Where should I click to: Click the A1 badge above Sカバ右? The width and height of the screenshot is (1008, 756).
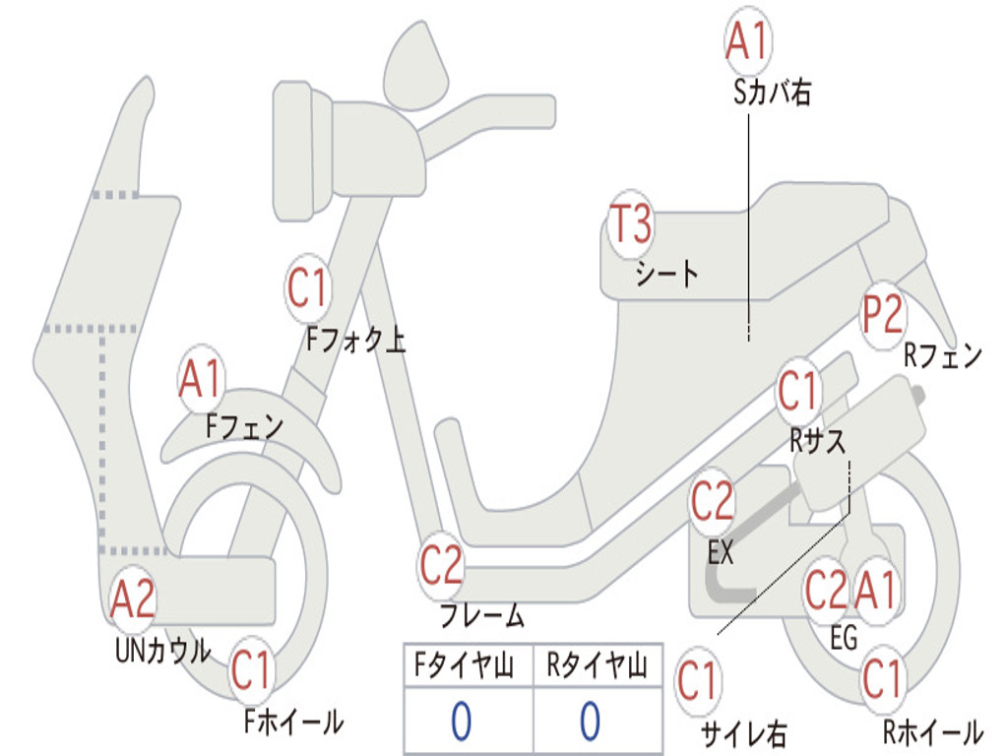746,40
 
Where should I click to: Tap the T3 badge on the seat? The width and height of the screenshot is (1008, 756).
631,224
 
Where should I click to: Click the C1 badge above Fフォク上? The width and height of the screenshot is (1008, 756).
307,289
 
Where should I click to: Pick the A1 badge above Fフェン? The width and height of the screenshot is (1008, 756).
201,379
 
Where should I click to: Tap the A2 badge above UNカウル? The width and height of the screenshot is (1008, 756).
133,599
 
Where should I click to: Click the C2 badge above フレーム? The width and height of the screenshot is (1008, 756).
441,566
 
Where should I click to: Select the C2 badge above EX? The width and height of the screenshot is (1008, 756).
712,503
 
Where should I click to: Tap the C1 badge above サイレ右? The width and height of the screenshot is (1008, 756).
697,681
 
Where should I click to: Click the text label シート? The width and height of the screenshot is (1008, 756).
666,273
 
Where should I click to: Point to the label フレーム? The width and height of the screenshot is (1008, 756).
482,617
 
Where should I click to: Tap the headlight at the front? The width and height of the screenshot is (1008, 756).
294,150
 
